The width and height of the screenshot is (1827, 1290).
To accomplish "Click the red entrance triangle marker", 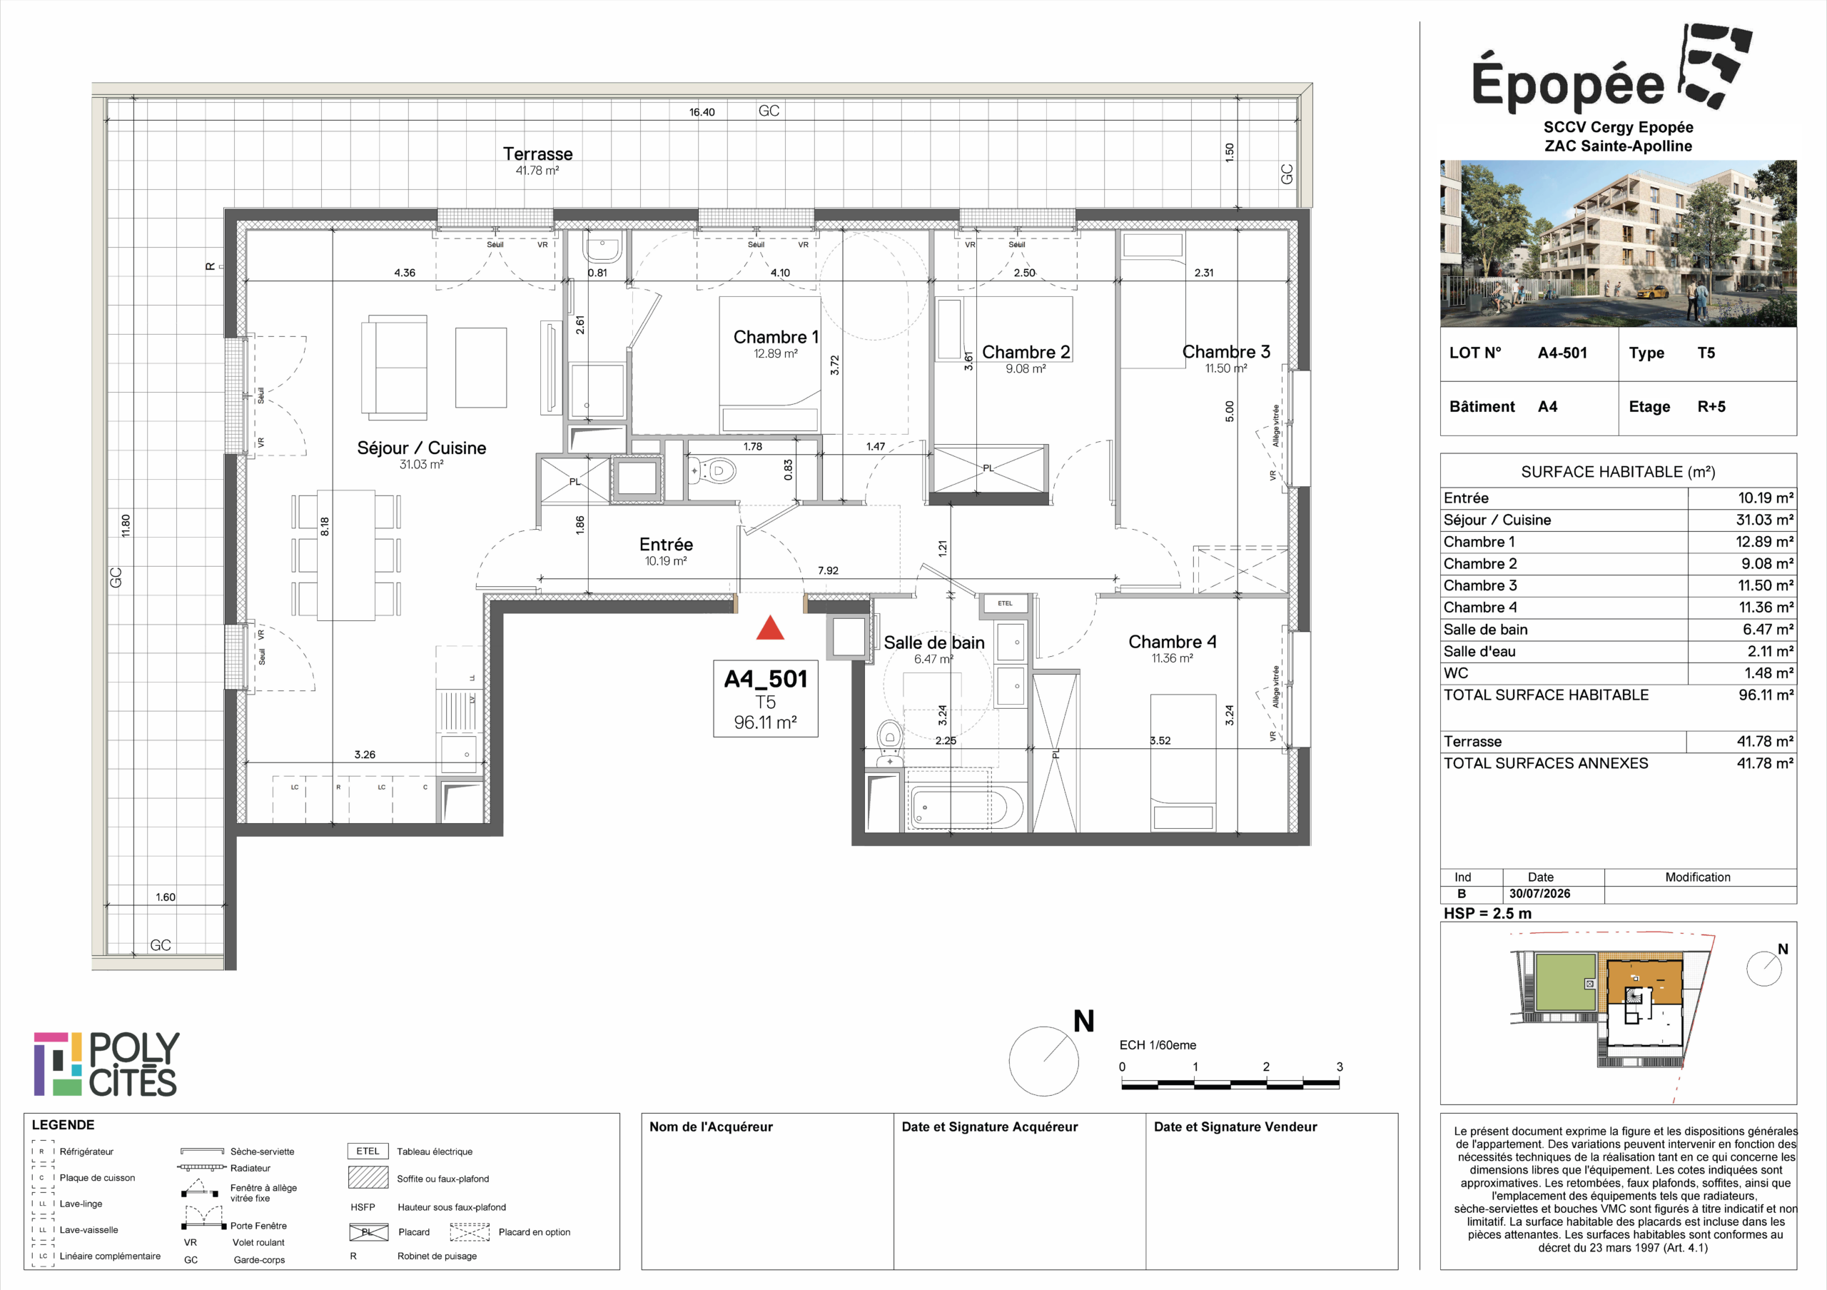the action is (x=769, y=628).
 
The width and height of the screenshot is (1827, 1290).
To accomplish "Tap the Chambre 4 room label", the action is (x=1172, y=641).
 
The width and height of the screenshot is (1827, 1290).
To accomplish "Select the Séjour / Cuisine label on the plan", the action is (x=421, y=448).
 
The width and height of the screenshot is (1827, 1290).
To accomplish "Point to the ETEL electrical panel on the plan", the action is (x=1005, y=603).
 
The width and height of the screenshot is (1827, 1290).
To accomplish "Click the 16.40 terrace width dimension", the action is (x=702, y=112).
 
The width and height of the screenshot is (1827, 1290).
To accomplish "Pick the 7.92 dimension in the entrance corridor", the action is (x=828, y=570).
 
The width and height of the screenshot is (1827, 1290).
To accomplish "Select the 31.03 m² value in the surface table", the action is (x=1764, y=520).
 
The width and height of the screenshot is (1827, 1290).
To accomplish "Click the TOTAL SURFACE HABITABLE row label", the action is (x=1546, y=695).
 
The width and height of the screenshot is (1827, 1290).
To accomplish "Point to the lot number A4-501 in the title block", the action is (x=1562, y=353).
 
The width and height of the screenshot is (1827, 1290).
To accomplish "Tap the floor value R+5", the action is (x=1711, y=407).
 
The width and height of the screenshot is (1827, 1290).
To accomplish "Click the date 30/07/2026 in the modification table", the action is (x=1539, y=894).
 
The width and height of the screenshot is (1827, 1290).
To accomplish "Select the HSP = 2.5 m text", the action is (x=1487, y=914).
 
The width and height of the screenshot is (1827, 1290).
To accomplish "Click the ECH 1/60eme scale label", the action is (x=1158, y=1045).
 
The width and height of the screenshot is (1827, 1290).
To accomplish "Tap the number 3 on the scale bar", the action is (x=1340, y=1067).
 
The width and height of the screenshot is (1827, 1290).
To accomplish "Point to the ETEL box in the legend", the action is (x=368, y=1151).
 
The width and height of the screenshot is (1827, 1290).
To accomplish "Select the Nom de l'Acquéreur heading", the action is (x=711, y=1127).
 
